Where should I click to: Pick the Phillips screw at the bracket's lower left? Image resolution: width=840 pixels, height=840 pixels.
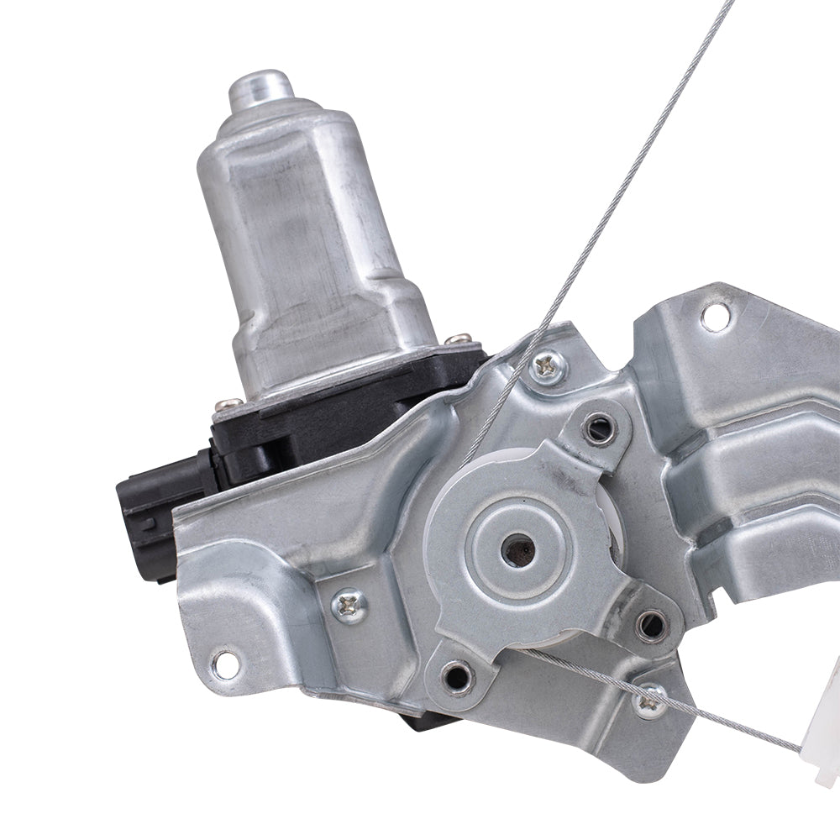349,604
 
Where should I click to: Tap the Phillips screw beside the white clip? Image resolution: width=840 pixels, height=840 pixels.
649,701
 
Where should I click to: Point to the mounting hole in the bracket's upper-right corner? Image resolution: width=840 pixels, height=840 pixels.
715,318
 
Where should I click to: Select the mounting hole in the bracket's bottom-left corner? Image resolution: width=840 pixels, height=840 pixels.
225,664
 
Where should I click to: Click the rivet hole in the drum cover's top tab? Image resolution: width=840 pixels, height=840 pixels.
598,429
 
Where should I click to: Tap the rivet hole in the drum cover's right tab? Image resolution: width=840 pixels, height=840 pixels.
650,624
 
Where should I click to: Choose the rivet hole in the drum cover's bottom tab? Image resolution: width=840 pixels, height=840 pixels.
456,675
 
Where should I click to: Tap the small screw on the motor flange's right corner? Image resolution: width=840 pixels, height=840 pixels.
459,340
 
